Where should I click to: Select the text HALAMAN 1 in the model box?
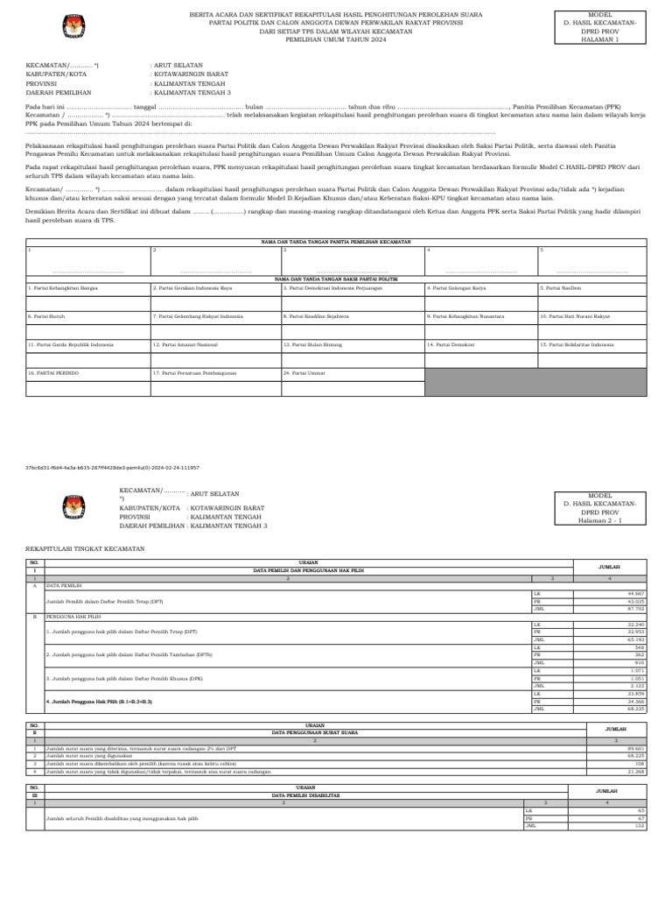[x=599, y=39]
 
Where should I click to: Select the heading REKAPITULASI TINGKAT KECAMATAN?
[x=85, y=548]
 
